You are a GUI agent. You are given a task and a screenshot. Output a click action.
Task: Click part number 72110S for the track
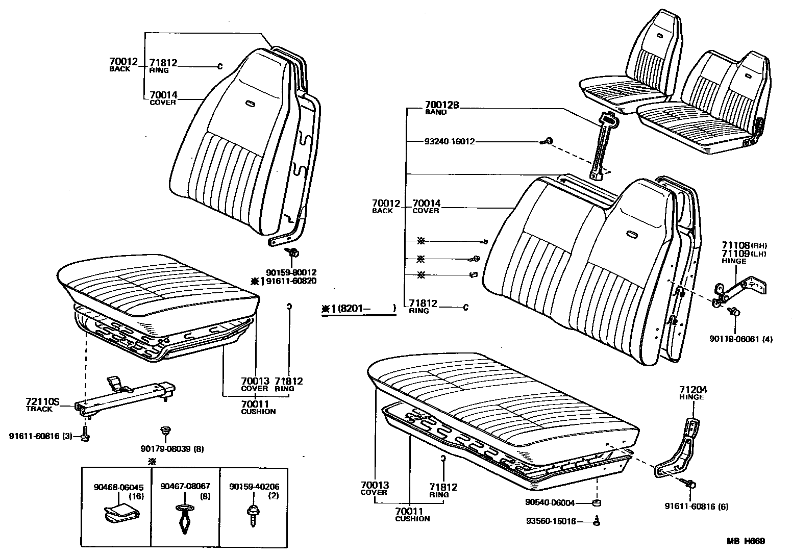coord(42,402)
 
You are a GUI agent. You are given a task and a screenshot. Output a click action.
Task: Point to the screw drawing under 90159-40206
coord(251,512)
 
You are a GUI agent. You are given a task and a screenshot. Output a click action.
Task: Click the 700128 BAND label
coord(442,105)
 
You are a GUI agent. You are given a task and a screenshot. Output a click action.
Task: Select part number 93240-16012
coord(449,141)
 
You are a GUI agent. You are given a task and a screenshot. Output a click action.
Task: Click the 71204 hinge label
coord(691,390)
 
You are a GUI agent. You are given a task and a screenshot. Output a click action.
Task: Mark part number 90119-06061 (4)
coord(740,339)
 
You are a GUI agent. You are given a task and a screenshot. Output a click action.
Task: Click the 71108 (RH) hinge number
coord(735,245)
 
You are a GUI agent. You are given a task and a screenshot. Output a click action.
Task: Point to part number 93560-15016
coord(551,521)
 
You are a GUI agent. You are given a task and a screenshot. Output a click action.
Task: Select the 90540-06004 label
coord(550,502)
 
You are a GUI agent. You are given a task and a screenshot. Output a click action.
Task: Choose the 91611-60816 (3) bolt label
coord(40,436)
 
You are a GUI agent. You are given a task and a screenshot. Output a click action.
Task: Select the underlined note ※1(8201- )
coord(358,309)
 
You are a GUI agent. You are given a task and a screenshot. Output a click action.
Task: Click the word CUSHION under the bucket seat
coord(258,412)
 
